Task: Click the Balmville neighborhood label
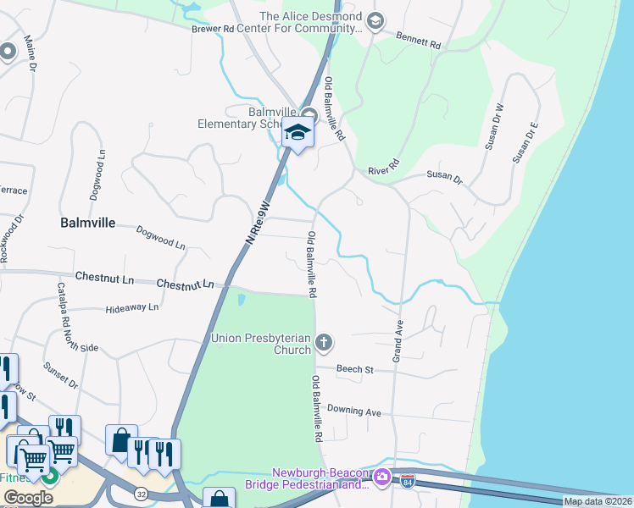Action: click(88, 224)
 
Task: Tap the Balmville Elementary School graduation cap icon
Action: click(298, 133)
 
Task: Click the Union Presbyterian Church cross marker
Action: click(323, 342)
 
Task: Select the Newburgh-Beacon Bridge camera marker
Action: click(381, 478)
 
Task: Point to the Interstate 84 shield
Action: click(409, 480)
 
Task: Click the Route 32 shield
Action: click(139, 491)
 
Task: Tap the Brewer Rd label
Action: click(212, 29)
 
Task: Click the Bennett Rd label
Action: click(419, 38)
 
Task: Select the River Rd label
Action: click(383, 170)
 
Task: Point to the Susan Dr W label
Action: click(494, 127)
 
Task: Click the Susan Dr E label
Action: click(525, 142)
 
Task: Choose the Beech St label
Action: click(355, 369)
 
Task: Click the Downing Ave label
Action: click(354, 411)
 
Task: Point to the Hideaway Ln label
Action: click(132, 308)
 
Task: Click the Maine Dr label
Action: click(35, 53)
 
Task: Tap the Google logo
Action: click(28, 498)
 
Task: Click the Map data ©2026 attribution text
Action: click(598, 501)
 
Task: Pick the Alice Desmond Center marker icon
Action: click(376, 20)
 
